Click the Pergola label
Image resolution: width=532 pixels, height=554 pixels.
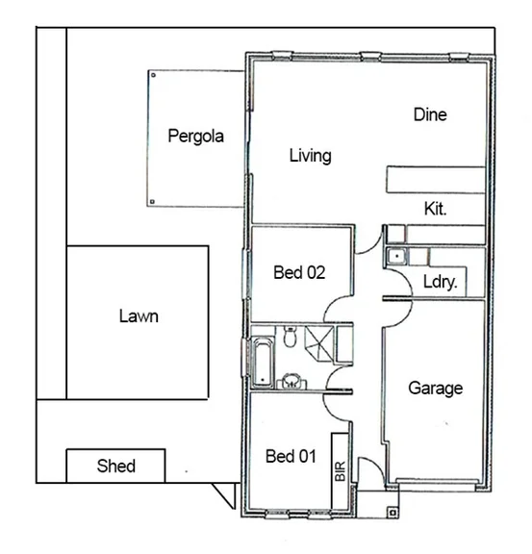195,137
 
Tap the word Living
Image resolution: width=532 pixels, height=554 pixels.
310,156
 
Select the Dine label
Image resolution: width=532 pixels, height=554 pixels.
430,114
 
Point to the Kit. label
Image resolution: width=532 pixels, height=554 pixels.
435,208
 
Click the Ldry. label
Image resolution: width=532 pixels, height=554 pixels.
440,283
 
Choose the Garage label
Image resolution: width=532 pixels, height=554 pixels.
435,389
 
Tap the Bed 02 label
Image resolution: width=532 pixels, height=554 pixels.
299,272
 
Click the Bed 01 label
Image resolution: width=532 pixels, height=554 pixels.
291,456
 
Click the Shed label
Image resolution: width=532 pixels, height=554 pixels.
116,466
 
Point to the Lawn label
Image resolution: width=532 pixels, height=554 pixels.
139,315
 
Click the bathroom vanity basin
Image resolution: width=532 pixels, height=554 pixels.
290,379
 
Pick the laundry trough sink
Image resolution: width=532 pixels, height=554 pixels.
395,256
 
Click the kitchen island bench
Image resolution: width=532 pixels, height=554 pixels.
434,180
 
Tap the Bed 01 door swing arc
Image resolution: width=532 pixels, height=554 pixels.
337,404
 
